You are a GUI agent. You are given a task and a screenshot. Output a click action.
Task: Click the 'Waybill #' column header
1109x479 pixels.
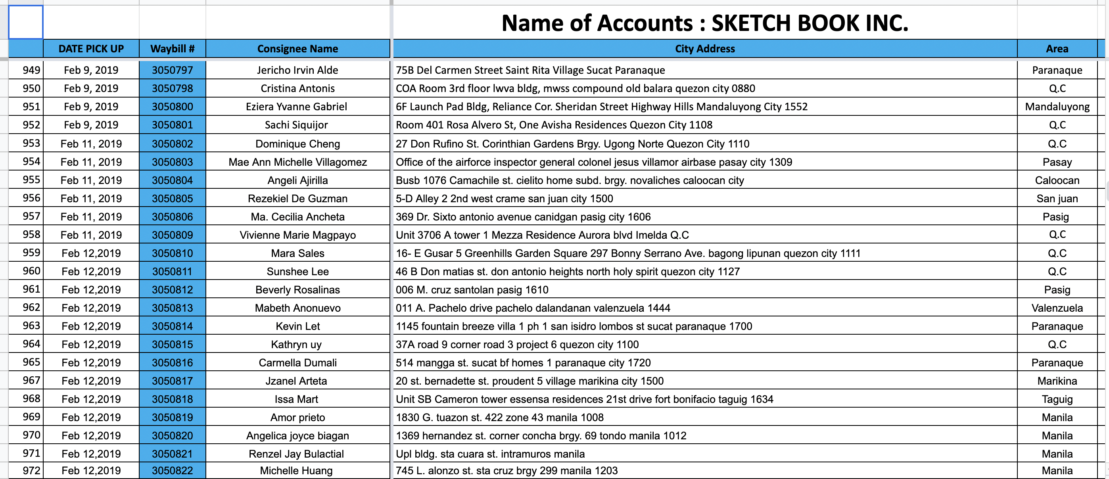coord(172,49)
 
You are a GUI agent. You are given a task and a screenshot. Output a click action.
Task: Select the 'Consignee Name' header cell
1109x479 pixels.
coord(297,49)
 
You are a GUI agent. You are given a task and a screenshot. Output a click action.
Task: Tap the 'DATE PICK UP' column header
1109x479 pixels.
coord(91,49)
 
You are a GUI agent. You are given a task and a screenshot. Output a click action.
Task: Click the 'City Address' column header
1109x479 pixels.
coord(705,49)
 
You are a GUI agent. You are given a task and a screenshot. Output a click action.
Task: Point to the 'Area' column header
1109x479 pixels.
coord(1057,49)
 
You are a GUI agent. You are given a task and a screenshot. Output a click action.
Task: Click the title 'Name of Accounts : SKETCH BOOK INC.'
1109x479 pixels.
coord(705,23)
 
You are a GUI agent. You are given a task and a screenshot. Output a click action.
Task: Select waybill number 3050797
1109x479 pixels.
coord(172,70)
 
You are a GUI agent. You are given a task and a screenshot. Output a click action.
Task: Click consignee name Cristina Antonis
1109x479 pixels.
coord(297,88)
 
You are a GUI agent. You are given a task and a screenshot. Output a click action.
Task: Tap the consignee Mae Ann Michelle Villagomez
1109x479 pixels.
coord(297,162)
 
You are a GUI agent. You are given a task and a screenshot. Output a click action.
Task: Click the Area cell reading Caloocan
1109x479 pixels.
coord(1057,180)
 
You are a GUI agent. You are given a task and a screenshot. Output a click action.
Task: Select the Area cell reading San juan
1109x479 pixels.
coord(1057,198)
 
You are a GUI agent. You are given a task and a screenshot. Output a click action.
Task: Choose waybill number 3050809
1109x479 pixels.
coord(172,235)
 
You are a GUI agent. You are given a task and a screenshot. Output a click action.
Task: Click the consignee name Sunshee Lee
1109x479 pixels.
coord(297,272)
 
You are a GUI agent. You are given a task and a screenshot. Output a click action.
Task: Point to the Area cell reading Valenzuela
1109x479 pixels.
coord(1057,308)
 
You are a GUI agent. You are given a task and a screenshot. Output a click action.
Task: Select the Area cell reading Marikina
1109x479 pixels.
coord(1057,381)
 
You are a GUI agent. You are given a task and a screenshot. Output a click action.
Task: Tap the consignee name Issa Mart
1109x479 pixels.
coord(296,399)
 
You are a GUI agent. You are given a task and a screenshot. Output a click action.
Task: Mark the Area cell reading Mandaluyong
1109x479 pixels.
coord(1057,107)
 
